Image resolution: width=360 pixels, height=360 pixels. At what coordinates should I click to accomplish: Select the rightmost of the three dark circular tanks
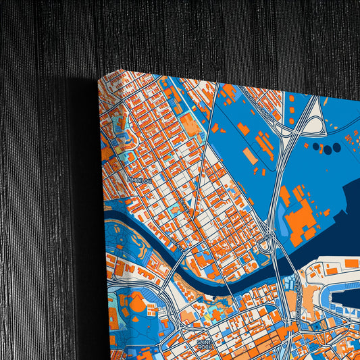(x=337, y=149)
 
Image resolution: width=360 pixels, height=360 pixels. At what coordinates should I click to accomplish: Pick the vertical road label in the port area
(x=297, y=297)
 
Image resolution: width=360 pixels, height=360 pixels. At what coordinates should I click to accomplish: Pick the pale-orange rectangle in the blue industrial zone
(x=249, y=155)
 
